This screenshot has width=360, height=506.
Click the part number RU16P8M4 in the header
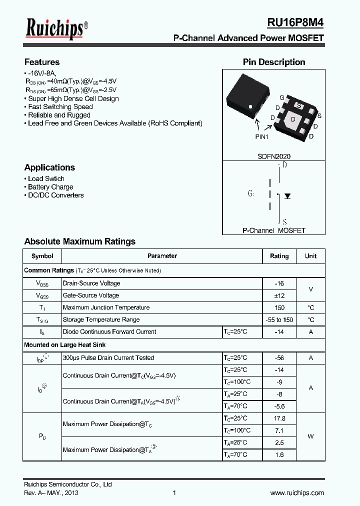(x=295, y=22)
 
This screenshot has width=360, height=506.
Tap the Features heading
(x=42, y=62)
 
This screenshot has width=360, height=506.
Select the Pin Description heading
(x=274, y=62)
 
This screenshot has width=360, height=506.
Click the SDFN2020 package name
(x=273, y=156)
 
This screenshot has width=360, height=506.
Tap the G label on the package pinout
(x=282, y=97)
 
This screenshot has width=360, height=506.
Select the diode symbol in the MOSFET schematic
(x=287, y=196)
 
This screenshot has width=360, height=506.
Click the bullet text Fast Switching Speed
(x=60, y=107)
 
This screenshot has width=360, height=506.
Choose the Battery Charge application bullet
(x=50, y=187)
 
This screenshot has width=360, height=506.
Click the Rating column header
(x=279, y=256)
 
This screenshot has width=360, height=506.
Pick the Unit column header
(x=310, y=256)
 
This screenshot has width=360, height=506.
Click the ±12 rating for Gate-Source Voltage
(x=279, y=295)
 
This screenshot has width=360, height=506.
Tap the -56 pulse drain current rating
(x=279, y=358)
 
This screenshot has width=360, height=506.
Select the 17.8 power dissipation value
(x=279, y=418)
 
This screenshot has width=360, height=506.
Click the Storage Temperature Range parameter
(x=101, y=319)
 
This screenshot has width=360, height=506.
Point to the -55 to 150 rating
(x=279, y=320)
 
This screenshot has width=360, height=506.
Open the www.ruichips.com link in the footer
(x=297, y=493)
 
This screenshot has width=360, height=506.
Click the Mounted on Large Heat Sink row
(x=65, y=345)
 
